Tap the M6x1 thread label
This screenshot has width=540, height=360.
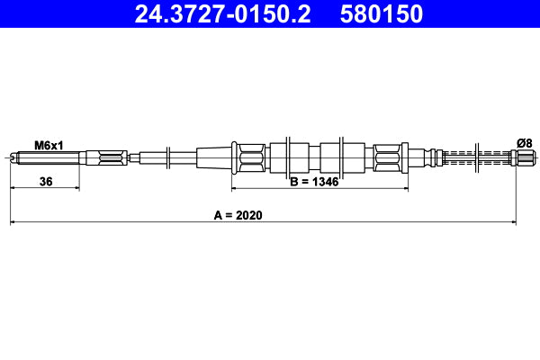[x=49, y=144]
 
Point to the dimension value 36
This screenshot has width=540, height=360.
[x=46, y=182]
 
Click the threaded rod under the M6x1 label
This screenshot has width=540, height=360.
[x=49, y=159]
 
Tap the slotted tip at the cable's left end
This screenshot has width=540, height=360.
[x=13, y=159]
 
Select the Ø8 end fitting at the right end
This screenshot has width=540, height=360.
[x=522, y=158]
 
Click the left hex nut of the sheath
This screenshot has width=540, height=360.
[x=249, y=158]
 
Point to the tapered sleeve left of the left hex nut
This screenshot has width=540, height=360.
[x=214, y=158]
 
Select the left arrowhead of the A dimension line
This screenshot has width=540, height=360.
[x=13, y=220]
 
